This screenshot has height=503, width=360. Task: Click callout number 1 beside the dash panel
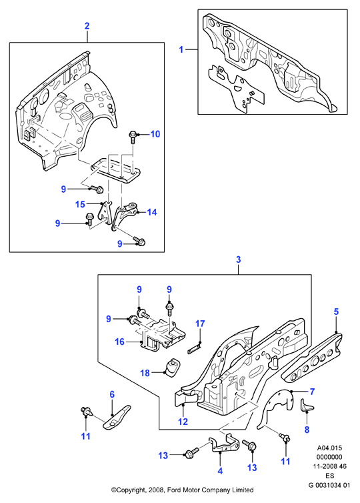pyautogui.click(x=181, y=50)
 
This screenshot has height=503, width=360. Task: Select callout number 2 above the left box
pyautogui.click(x=87, y=25)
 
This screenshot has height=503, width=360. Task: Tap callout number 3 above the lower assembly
pyautogui.click(x=238, y=260)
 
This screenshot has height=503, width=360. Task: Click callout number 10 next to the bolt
pyautogui.click(x=155, y=134)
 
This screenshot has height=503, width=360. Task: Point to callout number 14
pyautogui.click(x=152, y=212)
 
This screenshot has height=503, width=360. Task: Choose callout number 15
pyautogui.click(x=80, y=204)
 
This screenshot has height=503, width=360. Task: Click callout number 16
pyautogui.click(x=119, y=342)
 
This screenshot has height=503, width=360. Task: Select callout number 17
pyautogui.click(x=200, y=324)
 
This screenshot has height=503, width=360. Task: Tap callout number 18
pyautogui.click(x=145, y=373)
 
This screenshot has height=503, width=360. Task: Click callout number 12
pyautogui.click(x=183, y=421)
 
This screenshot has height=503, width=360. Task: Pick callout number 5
pyautogui.click(x=336, y=312)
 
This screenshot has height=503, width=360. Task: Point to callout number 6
pyautogui.click(x=112, y=394)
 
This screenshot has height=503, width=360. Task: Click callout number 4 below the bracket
pyautogui.click(x=220, y=471)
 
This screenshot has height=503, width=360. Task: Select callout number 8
pyautogui.click(x=307, y=430)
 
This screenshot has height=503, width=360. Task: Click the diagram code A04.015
pyautogui.click(x=329, y=448)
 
